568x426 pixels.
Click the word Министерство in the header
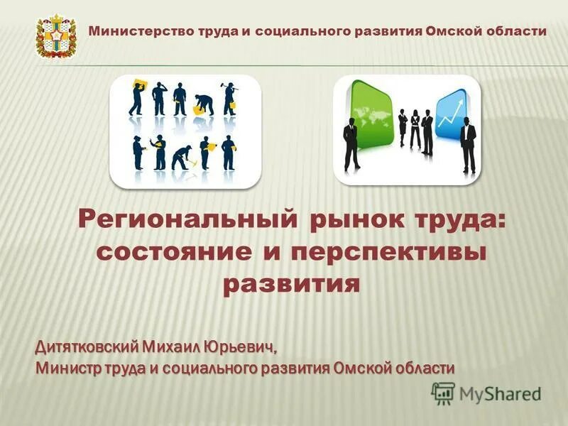tap(131, 31)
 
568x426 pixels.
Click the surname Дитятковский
tap(87, 348)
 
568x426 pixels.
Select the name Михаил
tap(170, 348)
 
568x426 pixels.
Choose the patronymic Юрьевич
tap(237, 348)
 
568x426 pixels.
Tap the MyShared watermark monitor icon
tap(443, 392)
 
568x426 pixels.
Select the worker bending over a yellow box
tap(204, 103)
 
